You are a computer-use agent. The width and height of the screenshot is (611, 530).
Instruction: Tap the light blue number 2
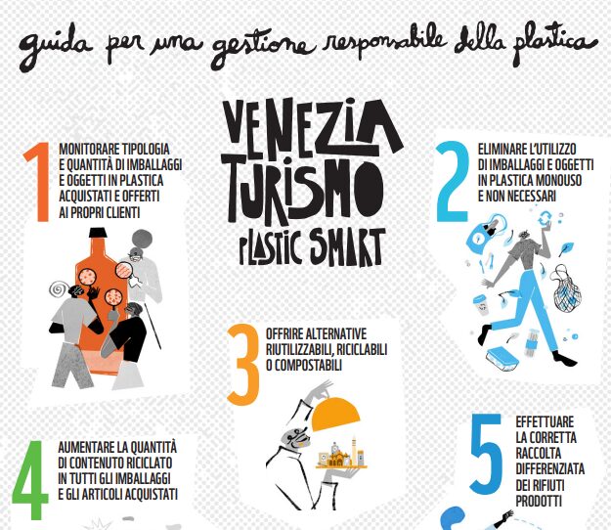(452, 182)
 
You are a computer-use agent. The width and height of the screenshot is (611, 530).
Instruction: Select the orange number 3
(243, 365)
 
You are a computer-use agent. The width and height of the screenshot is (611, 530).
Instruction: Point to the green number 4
(29, 480)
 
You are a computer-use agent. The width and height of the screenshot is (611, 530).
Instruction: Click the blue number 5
(486, 454)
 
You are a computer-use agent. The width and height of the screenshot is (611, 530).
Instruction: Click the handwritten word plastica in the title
(554, 42)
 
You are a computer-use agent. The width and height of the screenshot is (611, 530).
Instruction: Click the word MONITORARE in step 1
(88, 149)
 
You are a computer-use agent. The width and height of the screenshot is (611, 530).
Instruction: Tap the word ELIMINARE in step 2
(500, 149)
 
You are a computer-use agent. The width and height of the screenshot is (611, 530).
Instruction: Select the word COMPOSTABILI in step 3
(308, 365)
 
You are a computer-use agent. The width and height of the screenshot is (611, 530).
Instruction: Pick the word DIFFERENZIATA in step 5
(549, 469)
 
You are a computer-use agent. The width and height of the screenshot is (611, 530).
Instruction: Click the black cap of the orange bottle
(98, 233)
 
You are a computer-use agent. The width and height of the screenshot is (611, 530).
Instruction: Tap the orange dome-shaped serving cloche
(336, 415)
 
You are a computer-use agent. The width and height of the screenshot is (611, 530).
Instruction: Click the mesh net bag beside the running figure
(567, 293)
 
